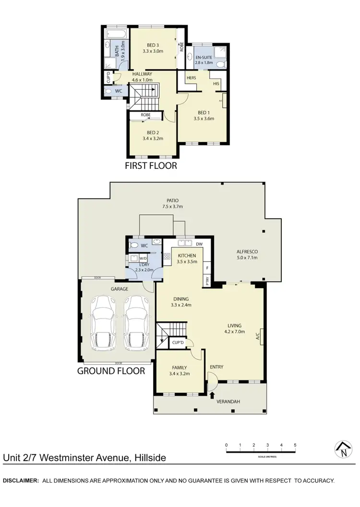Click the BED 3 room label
pos(153,44)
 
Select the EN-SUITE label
pos(204,57)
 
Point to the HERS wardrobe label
pos(185,78)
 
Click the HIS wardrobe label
pos(216,84)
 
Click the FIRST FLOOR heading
pos(151,166)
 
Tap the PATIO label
pos(173,200)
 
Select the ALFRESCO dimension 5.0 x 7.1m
pos(247,258)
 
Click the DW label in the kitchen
pos(200,243)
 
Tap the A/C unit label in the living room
pos(258,335)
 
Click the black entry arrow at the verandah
pos(212,394)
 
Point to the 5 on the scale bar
pos(295,445)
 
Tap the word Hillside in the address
pos(148,458)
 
